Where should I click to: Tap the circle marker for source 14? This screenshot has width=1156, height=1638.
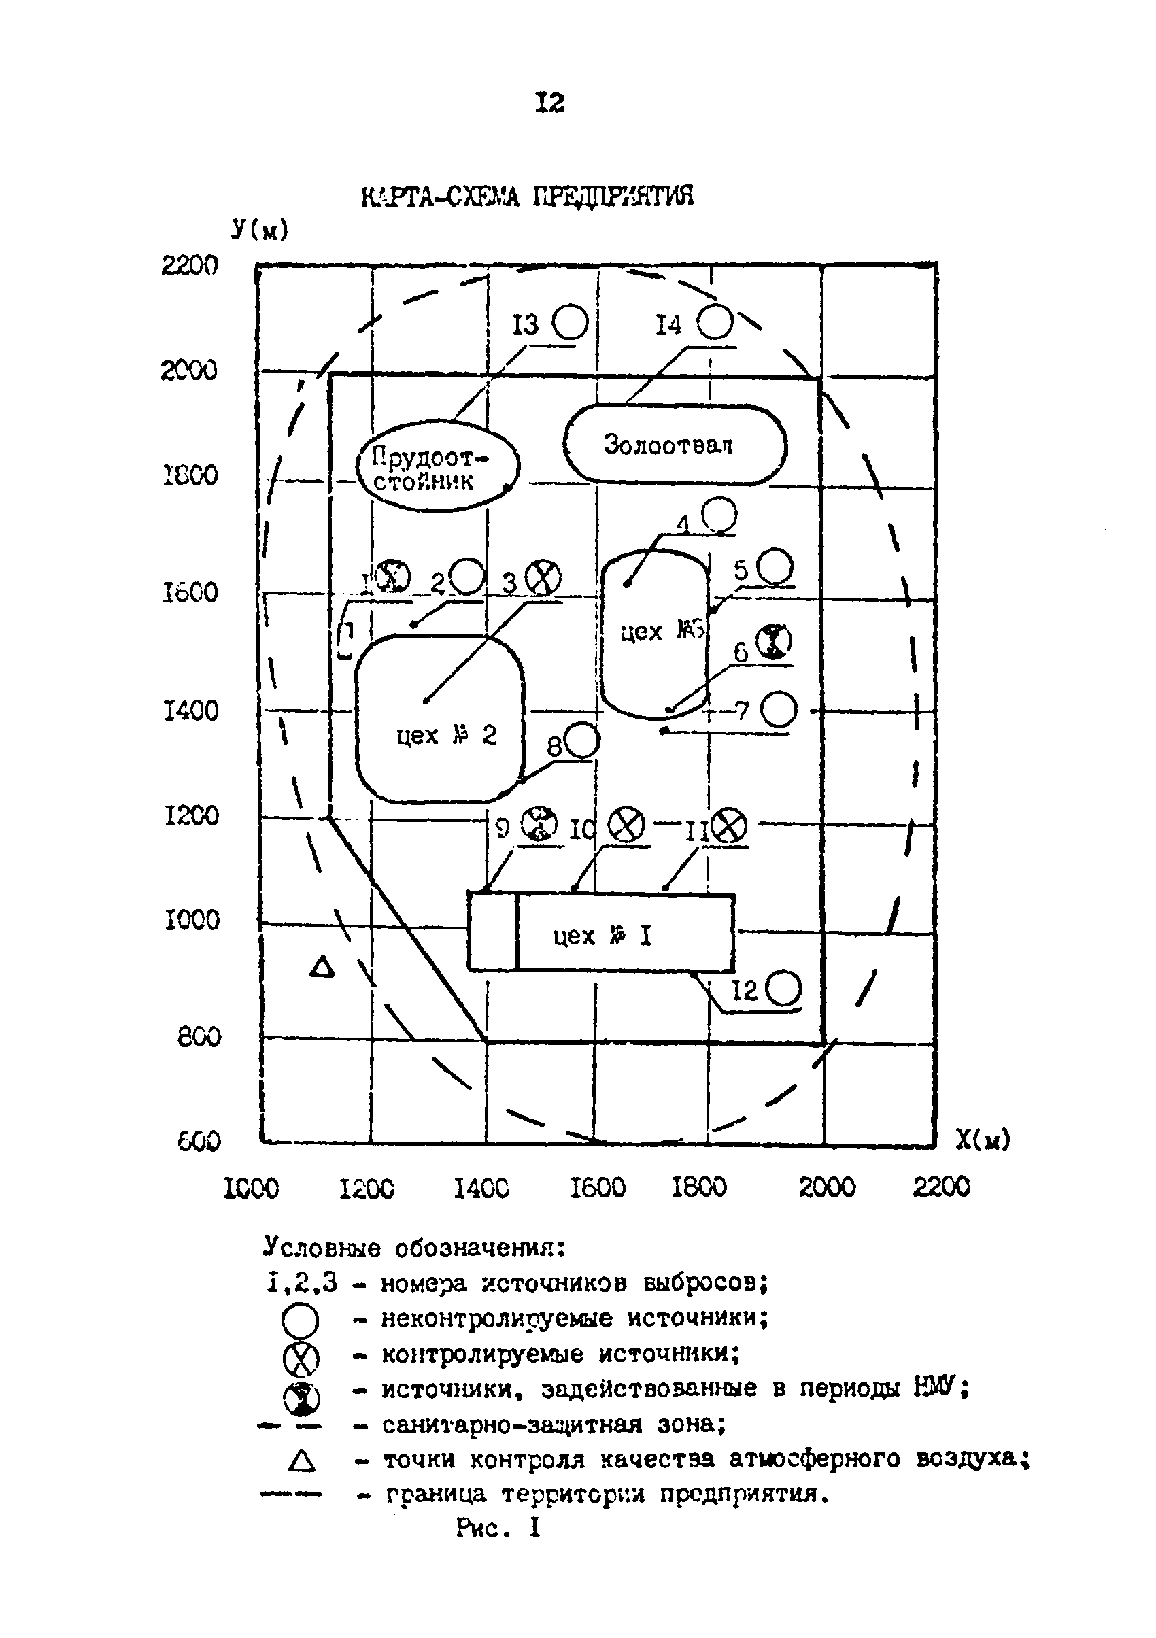pos(714,322)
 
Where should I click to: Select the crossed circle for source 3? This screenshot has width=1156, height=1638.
pos(543,577)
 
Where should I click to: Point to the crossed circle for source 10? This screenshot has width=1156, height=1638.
pos(626,825)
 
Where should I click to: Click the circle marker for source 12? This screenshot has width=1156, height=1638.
pos(783,989)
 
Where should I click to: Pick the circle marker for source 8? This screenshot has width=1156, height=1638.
pos(582,740)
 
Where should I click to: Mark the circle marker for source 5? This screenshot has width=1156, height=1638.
pos(775,568)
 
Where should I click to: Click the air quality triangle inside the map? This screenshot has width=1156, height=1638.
pos(322,968)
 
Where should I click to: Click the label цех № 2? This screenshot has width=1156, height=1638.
pos(446,735)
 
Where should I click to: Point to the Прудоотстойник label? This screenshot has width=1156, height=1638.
pos(428,468)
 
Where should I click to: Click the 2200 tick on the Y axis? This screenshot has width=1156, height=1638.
pos(189,265)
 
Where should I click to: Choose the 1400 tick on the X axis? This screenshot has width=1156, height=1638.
pos(481,1188)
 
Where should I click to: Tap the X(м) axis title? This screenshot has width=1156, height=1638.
pos(983,1140)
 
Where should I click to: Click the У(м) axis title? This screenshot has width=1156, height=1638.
pos(260,230)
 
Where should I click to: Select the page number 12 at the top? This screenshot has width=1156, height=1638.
pos(549,103)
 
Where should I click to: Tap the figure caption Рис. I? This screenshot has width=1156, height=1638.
pos(498,1527)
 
